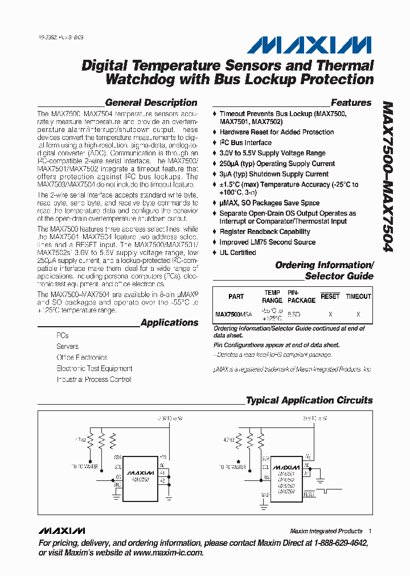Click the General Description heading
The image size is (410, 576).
151,102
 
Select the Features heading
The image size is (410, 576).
351,102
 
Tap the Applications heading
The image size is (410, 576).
169,323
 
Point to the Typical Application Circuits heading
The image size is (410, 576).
309,400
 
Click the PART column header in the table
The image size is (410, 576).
236,297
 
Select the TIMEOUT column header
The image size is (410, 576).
358,297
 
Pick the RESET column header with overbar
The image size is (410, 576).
330,297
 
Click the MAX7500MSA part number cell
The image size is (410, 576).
233,314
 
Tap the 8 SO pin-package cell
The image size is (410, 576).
294,314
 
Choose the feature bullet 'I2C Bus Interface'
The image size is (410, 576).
245,143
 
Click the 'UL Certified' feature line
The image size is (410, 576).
237,253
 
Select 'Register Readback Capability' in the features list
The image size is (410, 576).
265,232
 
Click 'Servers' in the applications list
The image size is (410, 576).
67,347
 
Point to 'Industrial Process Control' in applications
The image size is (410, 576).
93,380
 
